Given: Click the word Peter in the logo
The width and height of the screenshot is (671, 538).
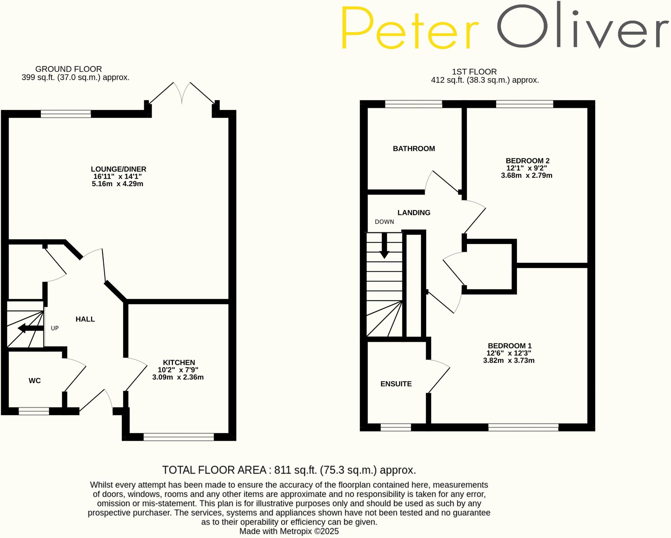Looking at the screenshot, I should pos(410,28).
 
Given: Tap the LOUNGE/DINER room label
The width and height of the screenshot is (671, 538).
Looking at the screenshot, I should pos(118,169).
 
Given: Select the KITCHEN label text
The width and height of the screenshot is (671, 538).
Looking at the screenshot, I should pos(179,362).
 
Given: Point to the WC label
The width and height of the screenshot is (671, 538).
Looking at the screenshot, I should pos(35,380).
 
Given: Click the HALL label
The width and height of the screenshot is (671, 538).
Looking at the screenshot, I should pos(85,319).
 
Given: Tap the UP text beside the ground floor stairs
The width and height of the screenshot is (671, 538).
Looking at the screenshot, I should pos(55,328).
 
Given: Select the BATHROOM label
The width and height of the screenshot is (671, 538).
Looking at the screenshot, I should pos(414,149).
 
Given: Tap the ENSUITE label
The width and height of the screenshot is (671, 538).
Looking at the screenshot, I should pos(396,384).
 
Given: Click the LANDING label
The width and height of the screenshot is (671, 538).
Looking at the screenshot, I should pos(414,213).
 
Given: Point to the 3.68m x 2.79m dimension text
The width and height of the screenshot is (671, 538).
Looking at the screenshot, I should pos(527,176).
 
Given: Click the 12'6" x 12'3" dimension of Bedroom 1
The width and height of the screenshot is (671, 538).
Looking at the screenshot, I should pos(508,353).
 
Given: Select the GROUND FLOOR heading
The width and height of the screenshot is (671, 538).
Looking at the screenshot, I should pos(68,69).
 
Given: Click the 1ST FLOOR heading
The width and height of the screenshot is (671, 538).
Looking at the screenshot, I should pos(474,72).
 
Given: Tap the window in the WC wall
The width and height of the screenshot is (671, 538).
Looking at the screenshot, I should pos(34,411).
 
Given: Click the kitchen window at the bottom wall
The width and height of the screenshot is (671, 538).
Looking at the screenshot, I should pos(179,437).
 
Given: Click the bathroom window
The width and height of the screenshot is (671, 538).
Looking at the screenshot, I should pos(413,104).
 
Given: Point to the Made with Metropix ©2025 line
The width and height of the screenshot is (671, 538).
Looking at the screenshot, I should pos(289,531).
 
